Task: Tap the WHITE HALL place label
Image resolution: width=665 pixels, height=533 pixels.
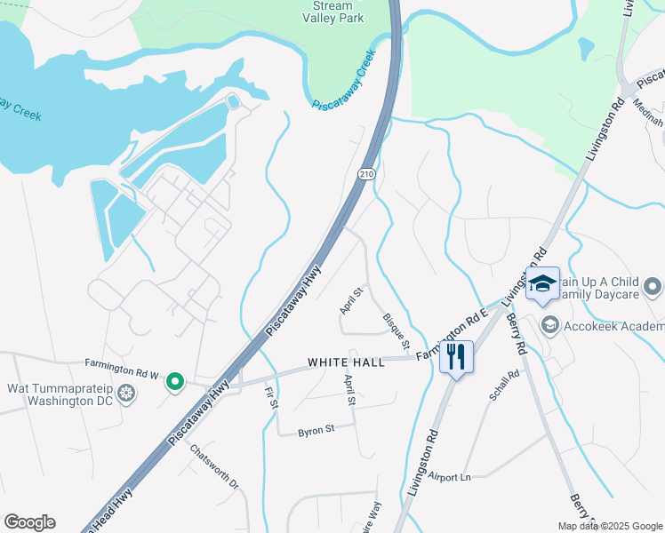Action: coord(346,362)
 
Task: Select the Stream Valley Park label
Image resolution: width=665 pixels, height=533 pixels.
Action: coord(333,12)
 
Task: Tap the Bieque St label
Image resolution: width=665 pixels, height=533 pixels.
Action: coord(397,330)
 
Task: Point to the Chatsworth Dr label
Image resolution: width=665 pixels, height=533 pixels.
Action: coord(214,465)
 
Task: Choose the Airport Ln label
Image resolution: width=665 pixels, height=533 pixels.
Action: coord(449,477)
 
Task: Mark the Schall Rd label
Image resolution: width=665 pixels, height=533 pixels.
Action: coord(502,386)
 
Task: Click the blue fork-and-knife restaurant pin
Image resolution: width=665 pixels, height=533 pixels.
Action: coord(456,357)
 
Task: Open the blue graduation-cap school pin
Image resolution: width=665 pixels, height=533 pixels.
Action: coord(541,284)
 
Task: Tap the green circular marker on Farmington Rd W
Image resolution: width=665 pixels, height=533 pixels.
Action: coord(175,382)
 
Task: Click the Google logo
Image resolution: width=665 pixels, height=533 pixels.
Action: coord(29,522)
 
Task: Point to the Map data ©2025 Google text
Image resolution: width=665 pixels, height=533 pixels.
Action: coord(609,526)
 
